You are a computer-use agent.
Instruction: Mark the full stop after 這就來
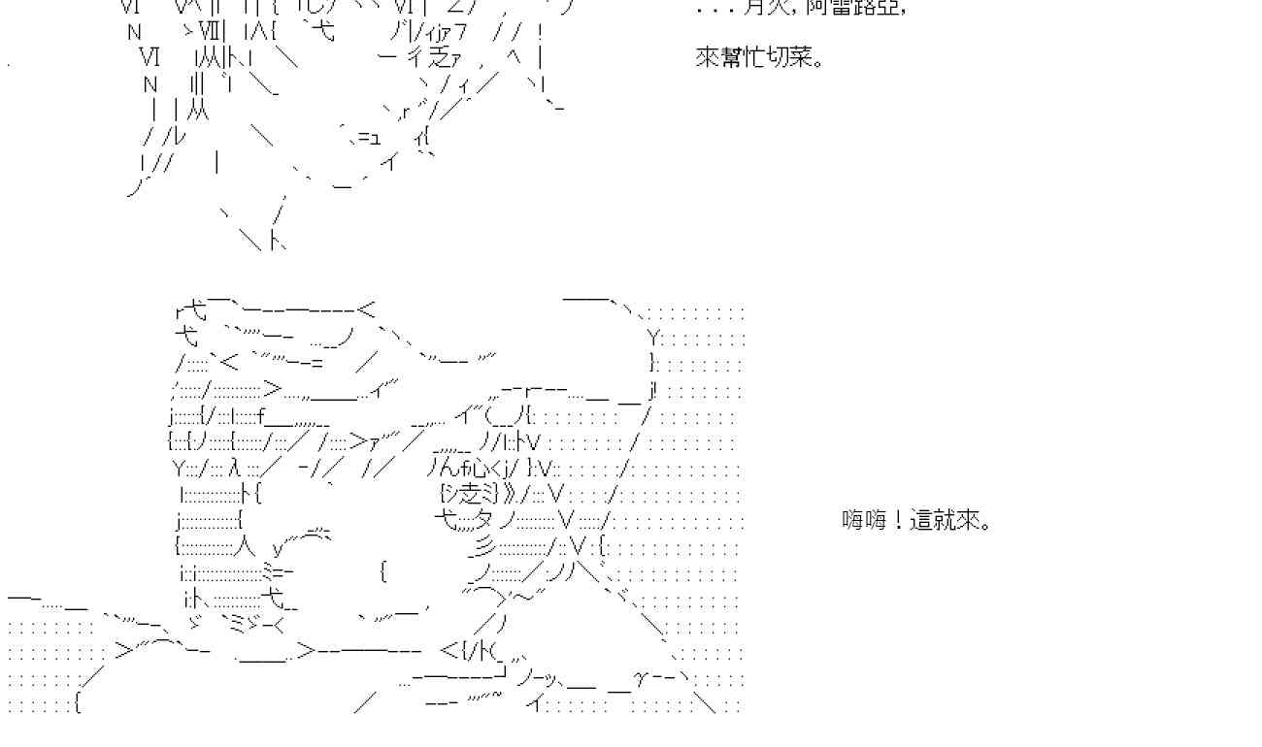pos(987,525)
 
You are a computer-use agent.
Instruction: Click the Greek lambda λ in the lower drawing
pos(234,470)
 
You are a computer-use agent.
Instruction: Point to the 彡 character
pos(484,545)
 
